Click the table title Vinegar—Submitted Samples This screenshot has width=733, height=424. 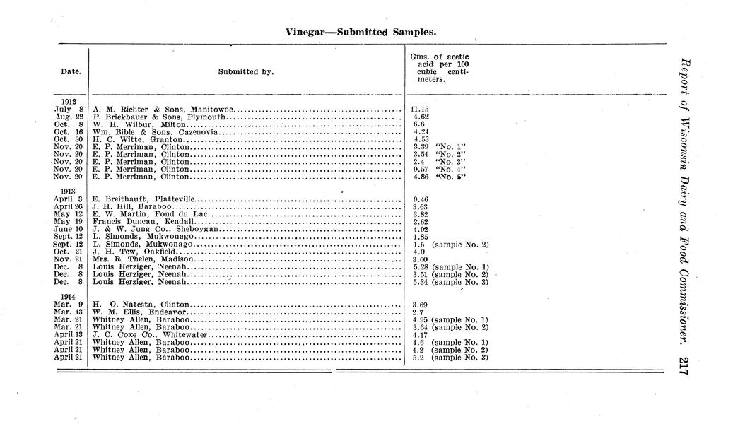(360, 32)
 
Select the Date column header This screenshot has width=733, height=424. (71, 71)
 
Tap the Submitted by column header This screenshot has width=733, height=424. (246, 71)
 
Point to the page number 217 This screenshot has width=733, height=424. (682, 366)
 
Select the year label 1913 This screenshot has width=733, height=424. (69, 192)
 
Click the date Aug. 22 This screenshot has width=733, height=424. (69, 117)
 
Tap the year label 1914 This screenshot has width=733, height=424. (69, 297)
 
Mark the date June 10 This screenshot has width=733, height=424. (69, 229)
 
